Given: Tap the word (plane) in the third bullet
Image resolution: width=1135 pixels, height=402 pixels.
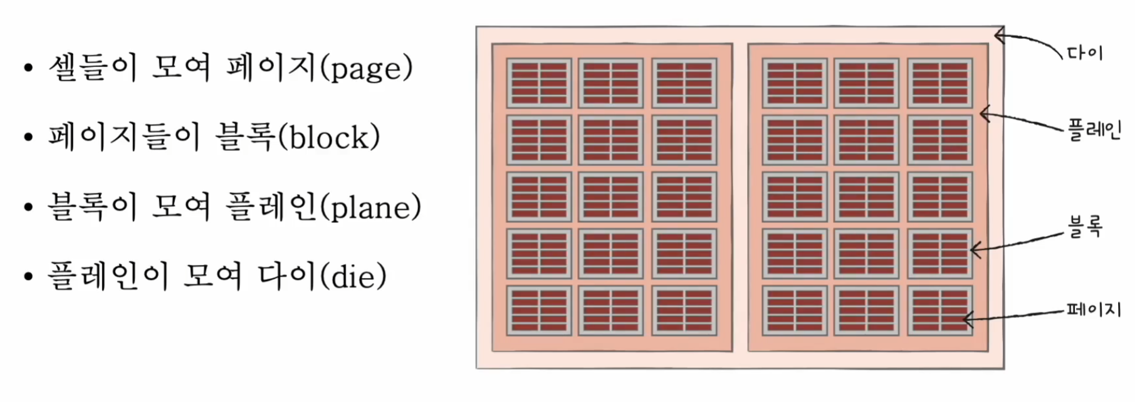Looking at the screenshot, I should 371,207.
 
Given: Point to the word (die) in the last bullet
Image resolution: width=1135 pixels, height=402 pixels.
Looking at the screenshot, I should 353,276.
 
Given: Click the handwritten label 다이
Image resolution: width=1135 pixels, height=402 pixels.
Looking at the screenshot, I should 1085,53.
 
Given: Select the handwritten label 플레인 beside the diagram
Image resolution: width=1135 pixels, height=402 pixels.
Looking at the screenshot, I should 1094,130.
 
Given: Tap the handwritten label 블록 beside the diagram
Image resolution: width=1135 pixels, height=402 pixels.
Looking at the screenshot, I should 1084,227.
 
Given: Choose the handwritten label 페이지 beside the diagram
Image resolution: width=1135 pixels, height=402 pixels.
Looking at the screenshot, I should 1093,309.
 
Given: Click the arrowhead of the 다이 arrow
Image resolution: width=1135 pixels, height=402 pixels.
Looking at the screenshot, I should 996,37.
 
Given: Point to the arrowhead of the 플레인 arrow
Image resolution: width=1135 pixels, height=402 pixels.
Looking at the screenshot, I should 982,113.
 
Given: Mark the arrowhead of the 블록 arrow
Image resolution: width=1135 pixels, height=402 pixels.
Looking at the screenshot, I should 973,250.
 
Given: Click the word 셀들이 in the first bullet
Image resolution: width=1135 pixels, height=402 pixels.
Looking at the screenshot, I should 93,68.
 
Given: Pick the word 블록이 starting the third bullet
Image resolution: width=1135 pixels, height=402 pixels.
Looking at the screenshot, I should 92,207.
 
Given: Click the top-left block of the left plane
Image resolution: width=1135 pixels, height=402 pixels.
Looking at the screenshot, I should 539,83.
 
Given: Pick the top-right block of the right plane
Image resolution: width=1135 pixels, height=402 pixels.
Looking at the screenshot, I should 939,83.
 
